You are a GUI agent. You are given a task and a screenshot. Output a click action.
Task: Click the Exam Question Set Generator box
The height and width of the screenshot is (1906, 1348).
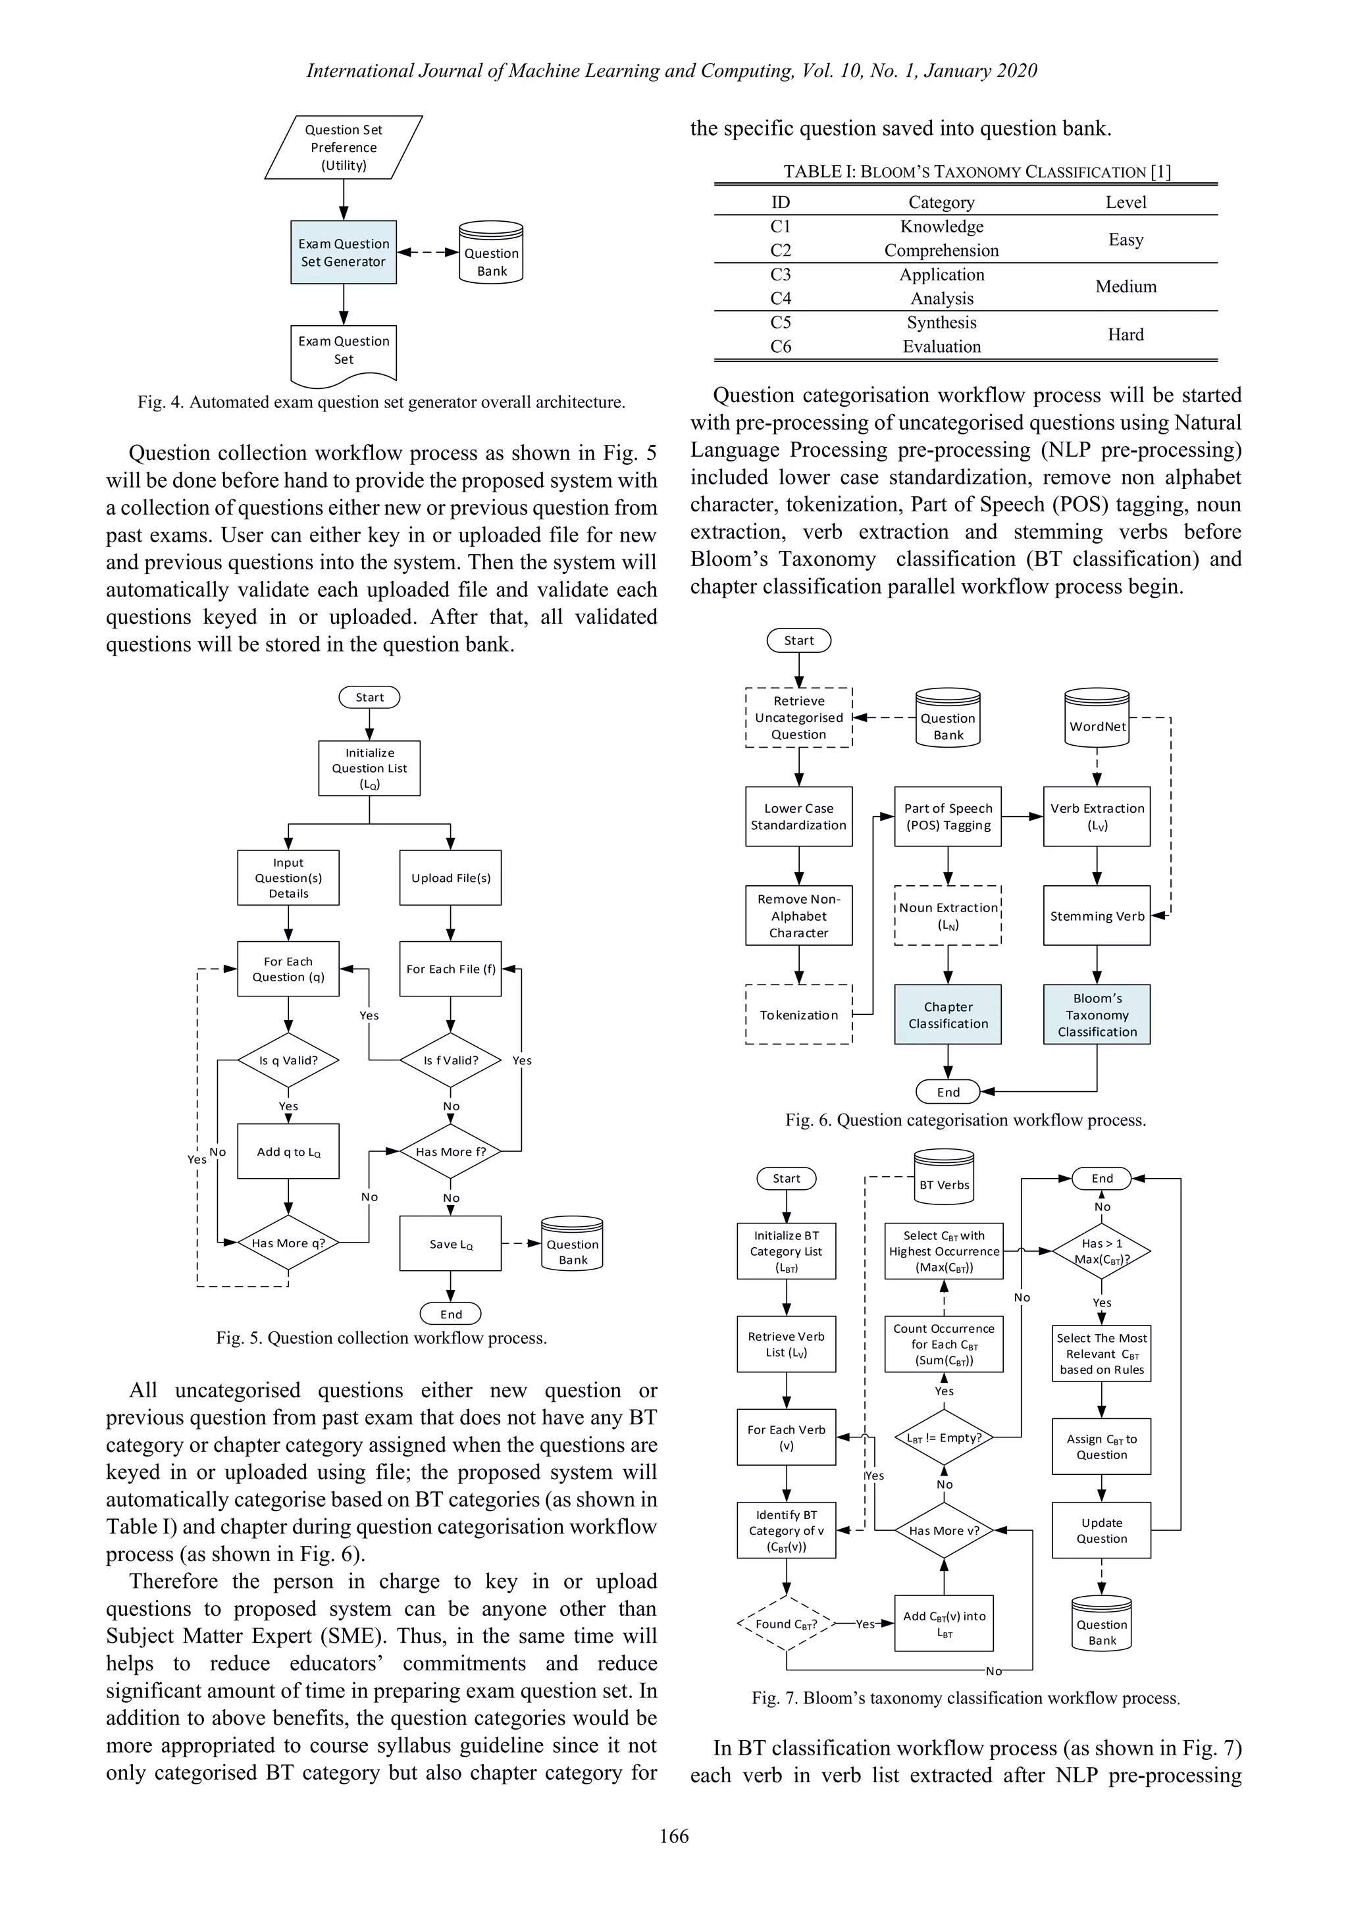[x=343, y=252]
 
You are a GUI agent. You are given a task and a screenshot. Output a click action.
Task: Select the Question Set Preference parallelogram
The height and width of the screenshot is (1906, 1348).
[x=344, y=147]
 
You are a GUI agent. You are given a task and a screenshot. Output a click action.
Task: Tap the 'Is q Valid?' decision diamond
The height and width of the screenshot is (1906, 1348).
[x=288, y=1060]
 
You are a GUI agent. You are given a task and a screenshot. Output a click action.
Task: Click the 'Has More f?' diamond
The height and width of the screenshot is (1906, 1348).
[x=451, y=1151]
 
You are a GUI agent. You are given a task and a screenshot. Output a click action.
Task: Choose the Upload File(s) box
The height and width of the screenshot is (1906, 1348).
[x=451, y=877]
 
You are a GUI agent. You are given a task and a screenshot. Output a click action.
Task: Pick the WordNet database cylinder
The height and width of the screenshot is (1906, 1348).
[x=1097, y=719]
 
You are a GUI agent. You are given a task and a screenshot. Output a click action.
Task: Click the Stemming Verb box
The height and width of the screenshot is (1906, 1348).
[x=1097, y=915]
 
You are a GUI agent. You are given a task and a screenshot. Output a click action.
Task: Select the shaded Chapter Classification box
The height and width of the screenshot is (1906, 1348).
[x=948, y=1014]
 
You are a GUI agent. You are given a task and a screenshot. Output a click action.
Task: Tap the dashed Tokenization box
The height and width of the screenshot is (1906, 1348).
[x=798, y=1014]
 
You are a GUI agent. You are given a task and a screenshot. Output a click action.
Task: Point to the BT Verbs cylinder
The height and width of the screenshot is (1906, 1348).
[x=944, y=1177]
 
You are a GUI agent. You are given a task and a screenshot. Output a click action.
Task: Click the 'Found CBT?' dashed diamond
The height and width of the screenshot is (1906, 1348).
[x=785, y=1624]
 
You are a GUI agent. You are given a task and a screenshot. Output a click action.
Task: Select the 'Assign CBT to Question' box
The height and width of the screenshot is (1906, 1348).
[x=1101, y=1446]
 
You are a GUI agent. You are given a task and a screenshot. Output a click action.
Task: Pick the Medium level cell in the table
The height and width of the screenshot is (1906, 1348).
[x=1126, y=286]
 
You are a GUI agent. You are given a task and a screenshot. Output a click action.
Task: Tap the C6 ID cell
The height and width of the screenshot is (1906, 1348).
[x=780, y=347]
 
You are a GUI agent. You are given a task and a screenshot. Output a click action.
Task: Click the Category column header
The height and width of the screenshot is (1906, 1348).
[x=941, y=202]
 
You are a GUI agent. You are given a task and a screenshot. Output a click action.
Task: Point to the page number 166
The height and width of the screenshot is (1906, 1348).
[x=674, y=1836]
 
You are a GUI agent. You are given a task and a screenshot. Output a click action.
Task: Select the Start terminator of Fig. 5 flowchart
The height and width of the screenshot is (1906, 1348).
[x=369, y=698]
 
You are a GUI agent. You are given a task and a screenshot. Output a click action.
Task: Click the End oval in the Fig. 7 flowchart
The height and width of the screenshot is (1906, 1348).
[x=1101, y=1178]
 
